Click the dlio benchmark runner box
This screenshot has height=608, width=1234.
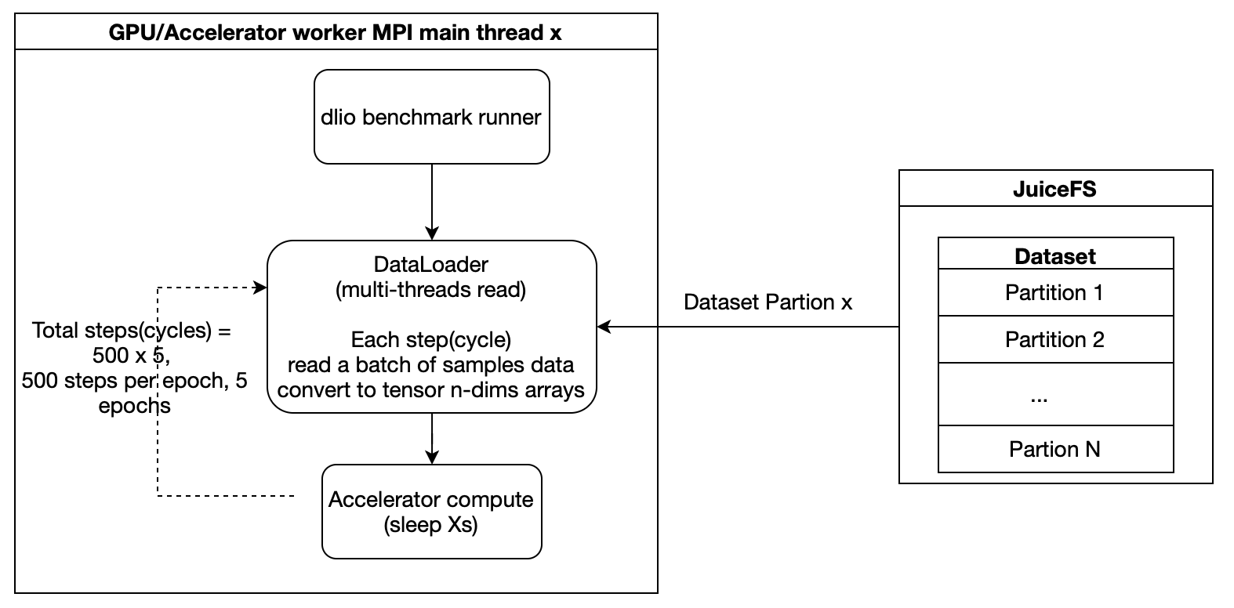click(x=431, y=118)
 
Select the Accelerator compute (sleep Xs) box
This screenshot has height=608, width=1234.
click(x=431, y=512)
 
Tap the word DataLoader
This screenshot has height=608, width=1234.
click(x=431, y=265)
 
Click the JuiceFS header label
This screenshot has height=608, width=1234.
click(x=1054, y=189)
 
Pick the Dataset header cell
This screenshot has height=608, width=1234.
click(x=1054, y=255)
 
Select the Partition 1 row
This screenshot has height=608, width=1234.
click(x=1054, y=293)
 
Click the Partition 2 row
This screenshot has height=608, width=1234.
click(x=1054, y=340)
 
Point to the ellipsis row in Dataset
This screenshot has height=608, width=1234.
click(x=1054, y=395)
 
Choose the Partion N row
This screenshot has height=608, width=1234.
click(x=1054, y=450)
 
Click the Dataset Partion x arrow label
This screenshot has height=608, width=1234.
click(x=768, y=302)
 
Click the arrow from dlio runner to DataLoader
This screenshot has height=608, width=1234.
click(x=432, y=200)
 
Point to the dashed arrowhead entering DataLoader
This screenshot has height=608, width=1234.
click(x=260, y=288)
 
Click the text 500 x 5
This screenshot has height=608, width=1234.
click(x=130, y=356)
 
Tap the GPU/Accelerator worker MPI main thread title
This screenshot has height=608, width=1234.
click(x=336, y=33)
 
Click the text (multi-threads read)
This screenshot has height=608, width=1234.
click(x=431, y=290)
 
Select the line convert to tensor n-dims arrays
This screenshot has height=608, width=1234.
click(x=431, y=390)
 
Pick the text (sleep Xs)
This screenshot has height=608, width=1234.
click(x=431, y=524)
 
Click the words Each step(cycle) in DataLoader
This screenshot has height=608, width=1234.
click(x=431, y=340)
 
